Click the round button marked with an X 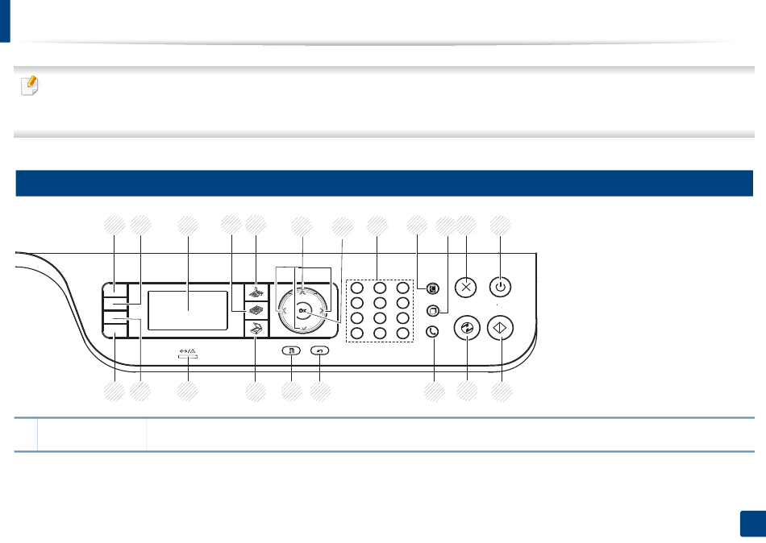click(466, 287)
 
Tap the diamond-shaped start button click(501, 328)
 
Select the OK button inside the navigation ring click(302, 309)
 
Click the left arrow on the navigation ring click(281, 309)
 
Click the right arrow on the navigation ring click(323, 309)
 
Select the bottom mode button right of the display click(256, 328)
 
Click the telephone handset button click(433, 329)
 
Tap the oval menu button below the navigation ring click(291, 350)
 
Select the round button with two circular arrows click(466, 328)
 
